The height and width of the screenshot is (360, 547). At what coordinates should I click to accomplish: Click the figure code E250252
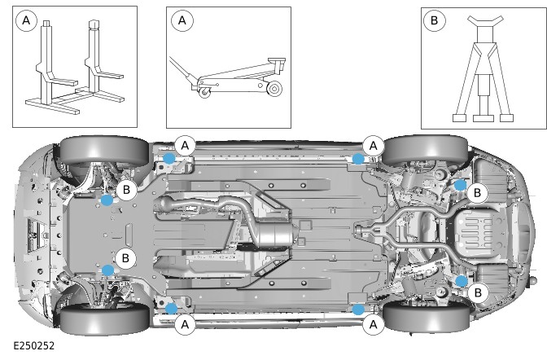click(x=34, y=345)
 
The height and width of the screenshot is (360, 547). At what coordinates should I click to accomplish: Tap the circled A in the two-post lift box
click(x=26, y=20)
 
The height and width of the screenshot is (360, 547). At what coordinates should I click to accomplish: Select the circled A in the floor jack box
click(x=182, y=20)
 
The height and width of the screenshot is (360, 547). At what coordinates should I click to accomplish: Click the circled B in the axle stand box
click(x=434, y=20)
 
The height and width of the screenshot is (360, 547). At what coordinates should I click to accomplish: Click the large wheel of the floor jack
click(x=273, y=88)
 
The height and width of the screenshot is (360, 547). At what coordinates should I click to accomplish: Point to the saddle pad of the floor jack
click(x=277, y=60)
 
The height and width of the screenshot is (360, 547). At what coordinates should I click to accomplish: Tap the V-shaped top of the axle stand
click(x=485, y=20)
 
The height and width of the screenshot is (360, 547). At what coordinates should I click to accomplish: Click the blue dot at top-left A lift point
click(x=169, y=158)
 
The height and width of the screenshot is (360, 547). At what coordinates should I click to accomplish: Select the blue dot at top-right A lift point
click(x=358, y=159)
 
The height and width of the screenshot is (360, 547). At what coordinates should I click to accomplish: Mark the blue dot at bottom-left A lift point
click(x=171, y=309)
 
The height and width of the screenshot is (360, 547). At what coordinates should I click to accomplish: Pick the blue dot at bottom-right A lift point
click(x=358, y=310)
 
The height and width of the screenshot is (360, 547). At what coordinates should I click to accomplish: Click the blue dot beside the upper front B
click(x=107, y=200)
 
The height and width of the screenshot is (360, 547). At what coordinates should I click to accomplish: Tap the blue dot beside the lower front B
click(x=107, y=270)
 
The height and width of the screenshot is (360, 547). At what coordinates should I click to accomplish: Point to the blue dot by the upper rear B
click(x=461, y=185)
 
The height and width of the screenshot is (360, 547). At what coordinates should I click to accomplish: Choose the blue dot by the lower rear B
click(x=462, y=281)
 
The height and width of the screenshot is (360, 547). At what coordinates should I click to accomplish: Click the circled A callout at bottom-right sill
click(x=374, y=324)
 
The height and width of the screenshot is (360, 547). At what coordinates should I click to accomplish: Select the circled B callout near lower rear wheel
click(x=478, y=292)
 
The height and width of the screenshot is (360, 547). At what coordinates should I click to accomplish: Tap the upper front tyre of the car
click(x=105, y=151)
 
